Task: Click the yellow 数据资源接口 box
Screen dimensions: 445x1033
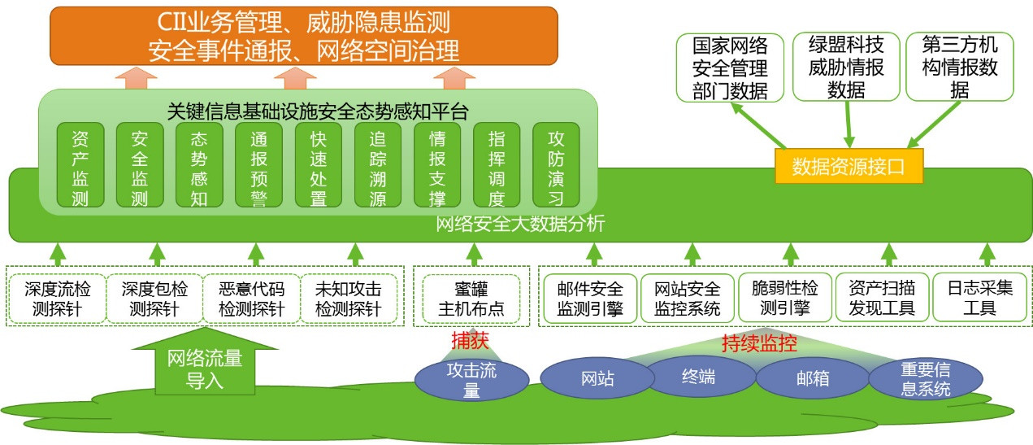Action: point(849,168)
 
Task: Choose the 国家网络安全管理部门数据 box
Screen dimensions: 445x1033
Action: point(730,67)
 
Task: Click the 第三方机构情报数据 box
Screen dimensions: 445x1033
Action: point(959,67)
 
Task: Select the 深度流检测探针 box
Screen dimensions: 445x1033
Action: point(57,299)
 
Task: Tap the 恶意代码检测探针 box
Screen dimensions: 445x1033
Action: point(252,299)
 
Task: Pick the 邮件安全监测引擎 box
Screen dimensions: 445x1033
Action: point(590,299)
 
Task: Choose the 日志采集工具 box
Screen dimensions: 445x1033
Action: point(979,299)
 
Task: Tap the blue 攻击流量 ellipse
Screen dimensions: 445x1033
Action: point(471,380)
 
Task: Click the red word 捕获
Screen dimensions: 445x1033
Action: point(470,341)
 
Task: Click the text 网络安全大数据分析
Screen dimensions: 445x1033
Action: point(520,225)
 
